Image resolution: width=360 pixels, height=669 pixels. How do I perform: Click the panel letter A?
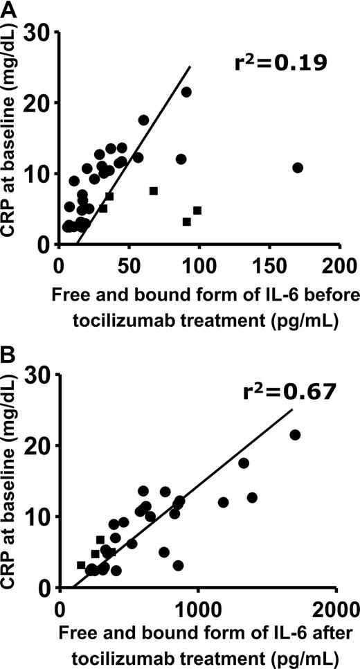(8, 9)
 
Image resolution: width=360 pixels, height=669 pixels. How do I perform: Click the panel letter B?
(8, 357)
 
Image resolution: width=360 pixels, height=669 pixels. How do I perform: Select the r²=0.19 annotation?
(277, 65)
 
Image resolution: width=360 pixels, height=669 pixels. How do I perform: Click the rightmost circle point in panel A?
(298, 168)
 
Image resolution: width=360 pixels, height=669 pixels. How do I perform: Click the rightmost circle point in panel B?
(295, 435)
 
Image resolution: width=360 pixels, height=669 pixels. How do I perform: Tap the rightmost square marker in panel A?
(197, 211)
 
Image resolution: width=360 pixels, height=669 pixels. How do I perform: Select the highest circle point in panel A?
(186, 92)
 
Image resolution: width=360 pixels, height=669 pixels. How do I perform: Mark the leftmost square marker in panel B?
(81, 565)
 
